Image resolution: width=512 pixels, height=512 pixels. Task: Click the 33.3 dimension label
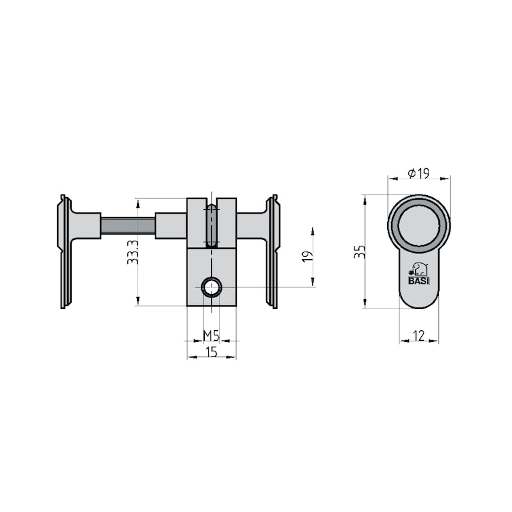[131, 252]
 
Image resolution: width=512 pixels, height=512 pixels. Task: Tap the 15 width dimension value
[211, 352]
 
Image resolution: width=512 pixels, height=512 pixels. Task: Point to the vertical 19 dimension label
[307, 256]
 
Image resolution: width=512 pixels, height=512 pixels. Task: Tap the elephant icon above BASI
[419, 268]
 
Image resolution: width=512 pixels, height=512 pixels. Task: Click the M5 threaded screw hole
[211, 287]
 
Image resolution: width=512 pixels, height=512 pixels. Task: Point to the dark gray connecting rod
[128, 226]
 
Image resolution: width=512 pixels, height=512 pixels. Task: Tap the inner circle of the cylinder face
[419, 224]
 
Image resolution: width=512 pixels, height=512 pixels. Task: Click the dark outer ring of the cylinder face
[392, 224]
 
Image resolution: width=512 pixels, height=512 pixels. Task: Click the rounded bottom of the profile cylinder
[419, 301]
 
